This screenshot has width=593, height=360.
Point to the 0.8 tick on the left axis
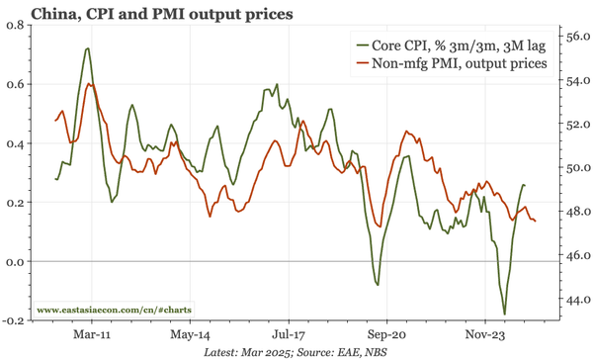[x=17, y=25]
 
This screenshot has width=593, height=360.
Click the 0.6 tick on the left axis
[x=17, y=84]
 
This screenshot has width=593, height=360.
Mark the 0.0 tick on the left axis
[x=17, y=262]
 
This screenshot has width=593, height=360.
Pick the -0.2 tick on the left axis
[x=15, y=321]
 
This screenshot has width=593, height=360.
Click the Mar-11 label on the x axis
[x=91, y=334]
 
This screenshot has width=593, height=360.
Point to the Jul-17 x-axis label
[x=289, y=334]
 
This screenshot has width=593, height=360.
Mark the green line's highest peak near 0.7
[x=89, y=48]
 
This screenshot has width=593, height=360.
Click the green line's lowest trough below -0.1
[x=504, y=315]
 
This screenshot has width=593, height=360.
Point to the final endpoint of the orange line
[x=536, y=221]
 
